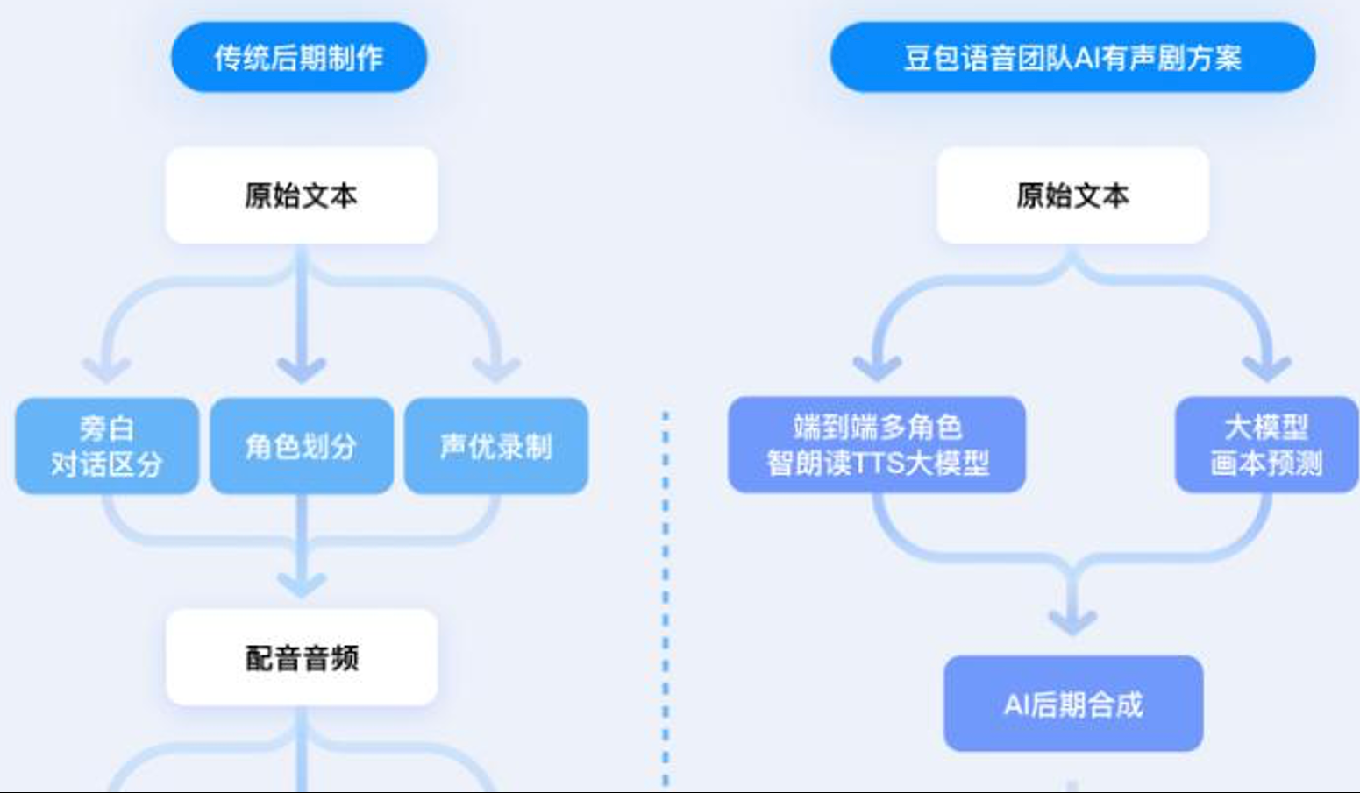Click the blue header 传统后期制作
298,58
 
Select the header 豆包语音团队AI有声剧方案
1072,58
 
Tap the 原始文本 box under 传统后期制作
301,195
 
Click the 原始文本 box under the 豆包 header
1072,195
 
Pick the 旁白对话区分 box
107,446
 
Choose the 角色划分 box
301,446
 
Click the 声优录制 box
495,446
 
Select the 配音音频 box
301,657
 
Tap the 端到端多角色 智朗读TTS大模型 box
877,444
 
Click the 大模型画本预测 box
1266,444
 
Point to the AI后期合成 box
1072,704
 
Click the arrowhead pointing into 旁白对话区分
107,369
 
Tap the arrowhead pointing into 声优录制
496,369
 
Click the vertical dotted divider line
666,596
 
